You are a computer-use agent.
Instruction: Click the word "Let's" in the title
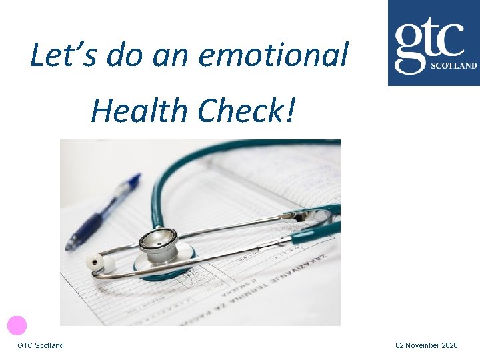[55, 56]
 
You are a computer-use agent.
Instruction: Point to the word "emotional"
[273, 56]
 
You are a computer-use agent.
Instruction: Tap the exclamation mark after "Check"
[289, 110]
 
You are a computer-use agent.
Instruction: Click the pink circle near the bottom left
[17, 325]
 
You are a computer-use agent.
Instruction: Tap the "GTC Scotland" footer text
[41, 345]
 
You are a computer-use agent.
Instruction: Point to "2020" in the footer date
[450, 345]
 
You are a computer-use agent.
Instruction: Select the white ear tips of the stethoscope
[96, 264]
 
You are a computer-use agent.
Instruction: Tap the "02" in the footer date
[400, 345]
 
